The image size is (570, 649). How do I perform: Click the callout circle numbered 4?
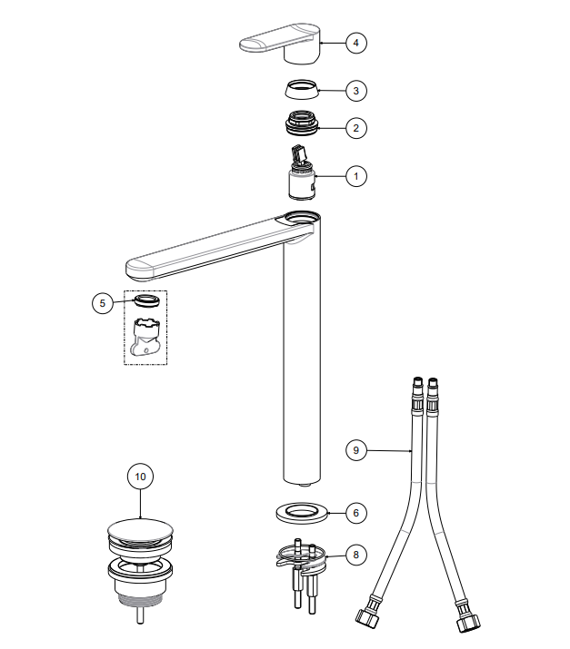click(x=356, y=43)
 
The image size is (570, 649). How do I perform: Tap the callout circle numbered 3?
click(x=356, y=91)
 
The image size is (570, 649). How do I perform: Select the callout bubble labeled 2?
click(x=356, y=128)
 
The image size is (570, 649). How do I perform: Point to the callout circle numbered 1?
click(x=356, y=176)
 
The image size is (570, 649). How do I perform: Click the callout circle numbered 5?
click(x=103, y=303)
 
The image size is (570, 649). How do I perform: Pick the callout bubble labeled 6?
click(x=356, y=513)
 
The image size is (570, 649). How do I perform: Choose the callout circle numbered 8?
click(x=356, y=555)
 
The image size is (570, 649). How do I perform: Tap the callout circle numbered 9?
click(x=356, y=450)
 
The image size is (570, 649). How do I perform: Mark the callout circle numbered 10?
click(x=140, y=477)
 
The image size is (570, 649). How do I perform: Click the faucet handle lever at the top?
click(x=280, y=43)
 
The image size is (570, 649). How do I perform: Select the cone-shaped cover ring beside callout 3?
click(x=302, y=89)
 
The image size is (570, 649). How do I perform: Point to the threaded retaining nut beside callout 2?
click(x=302, y=123)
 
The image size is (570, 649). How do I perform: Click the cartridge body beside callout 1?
click(x=302, y=183)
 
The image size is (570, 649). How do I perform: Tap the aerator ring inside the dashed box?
click(x=146, y=301)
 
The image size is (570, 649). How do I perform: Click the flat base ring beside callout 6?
click(x=302, y=513)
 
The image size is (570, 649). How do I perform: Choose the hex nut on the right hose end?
click(x=468, y=622)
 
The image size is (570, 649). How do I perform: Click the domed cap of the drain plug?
click(x=140, y=530)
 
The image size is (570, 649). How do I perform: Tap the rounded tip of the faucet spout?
click(x=139, y=269)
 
